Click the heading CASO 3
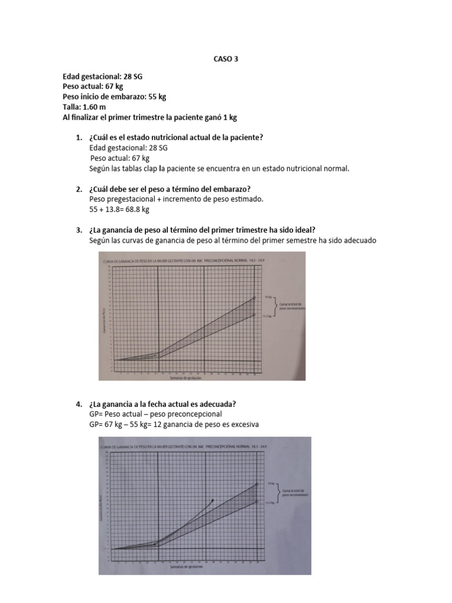[x=226, y=59]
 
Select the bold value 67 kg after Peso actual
[x=112, y=87]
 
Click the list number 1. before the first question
[x=79, y=137]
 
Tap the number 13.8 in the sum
[x=112, y=209]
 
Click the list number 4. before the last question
[x=79, y=404]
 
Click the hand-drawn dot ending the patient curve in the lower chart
[x=212, y=501]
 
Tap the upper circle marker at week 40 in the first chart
[x=254, y=298]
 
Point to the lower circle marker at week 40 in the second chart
[x=257, y=502]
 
